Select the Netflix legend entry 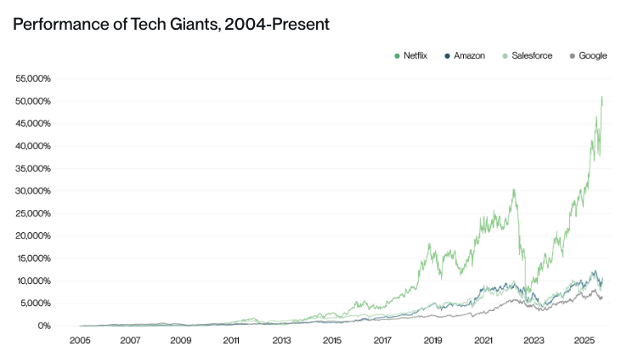pyautogui.click(x=415, y=56)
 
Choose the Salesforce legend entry pyautogui.click(x=532, y=56)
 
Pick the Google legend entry pyautogui.click(x=592, y=56)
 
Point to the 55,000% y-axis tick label pyautogui.click(x=34, y=78)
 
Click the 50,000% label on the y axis pyautogui.click(x=34, y=101)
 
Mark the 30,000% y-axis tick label pyautogui.click(x=34, y=191)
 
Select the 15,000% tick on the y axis pyautogui.click(x=34, y=258)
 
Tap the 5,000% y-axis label pyautogui.click(x=37, y=303)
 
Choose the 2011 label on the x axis pyautogui.click(x=230, y=340)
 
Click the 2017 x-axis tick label pyautogui.click(x=381, y=340)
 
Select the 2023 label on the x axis pyautogui.click(x=534, y=340)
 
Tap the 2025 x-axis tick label pyautogui.click(x=584, y=340)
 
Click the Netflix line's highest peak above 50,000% pyautogui.click(x=602, y=97)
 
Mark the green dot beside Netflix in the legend pyautogui.click(x=398, y=56)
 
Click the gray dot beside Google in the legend pyautogui.click(x=573, y=56)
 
